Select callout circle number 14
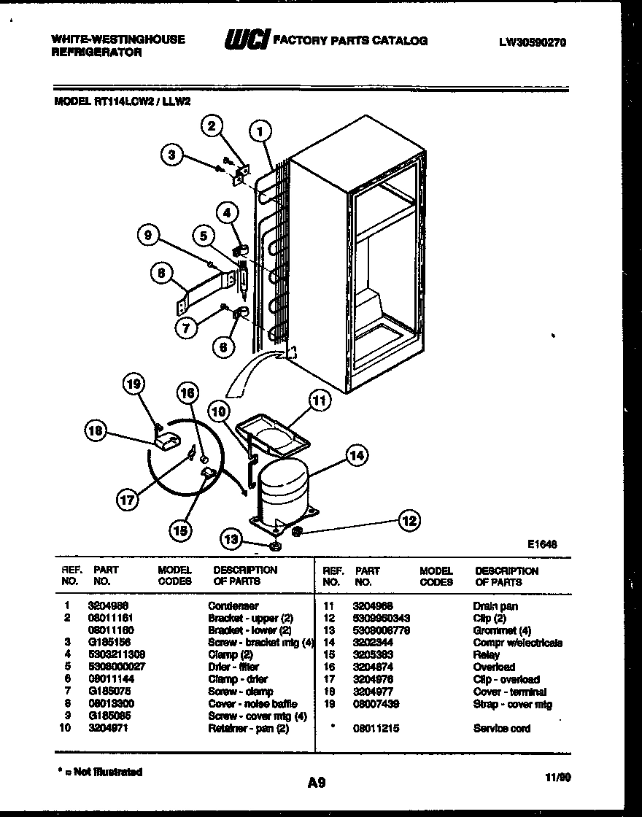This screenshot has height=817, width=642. coord(355,457)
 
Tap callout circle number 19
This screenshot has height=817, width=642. coord(134,384)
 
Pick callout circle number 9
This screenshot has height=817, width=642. coord(149,235)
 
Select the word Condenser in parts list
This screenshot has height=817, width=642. coord(233,606)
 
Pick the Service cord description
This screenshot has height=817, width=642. coord(502,729)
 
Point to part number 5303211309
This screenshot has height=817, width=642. coord(117,655)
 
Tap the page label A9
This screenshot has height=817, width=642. coord(315,783)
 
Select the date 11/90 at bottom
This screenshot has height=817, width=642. coord(558,778)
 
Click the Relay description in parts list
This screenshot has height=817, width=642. coord(487,655)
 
